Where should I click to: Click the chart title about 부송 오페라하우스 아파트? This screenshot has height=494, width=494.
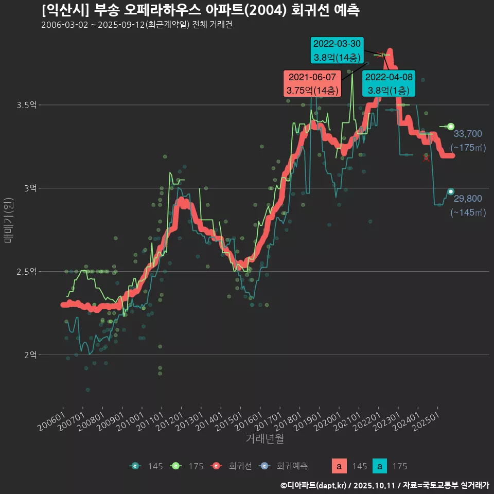point(200,10)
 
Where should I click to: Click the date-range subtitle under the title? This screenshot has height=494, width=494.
point(136,25)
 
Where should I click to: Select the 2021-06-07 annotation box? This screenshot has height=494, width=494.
point(312,83)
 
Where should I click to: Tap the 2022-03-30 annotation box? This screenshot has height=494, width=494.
point(337,50)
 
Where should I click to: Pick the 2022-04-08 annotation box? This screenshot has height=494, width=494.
point(389,84)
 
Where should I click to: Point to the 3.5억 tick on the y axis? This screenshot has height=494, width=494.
point(26,105)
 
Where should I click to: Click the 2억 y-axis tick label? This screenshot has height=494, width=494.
point(30,355)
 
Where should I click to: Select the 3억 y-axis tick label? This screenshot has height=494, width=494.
point(30,188)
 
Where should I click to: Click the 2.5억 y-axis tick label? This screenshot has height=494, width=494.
point(26,272)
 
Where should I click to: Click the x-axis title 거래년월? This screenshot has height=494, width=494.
point(264,438)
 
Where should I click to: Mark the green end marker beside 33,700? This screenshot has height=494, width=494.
point(451,127)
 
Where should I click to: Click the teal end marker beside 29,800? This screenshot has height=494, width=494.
point(451,192)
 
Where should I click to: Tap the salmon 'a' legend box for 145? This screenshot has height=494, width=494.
point(339,466)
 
